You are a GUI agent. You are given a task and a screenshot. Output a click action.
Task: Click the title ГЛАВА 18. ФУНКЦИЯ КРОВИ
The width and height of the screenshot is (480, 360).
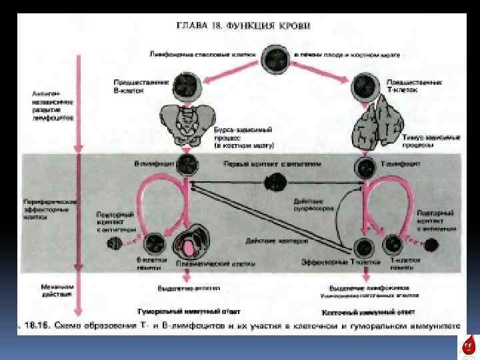[243, 26]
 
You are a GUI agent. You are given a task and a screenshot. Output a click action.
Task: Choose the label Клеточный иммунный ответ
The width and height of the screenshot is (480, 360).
[369, 311]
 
